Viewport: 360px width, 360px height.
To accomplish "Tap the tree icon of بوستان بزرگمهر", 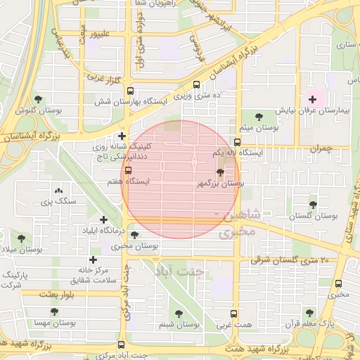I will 220,172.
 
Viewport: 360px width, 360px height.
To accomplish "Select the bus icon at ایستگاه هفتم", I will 127,170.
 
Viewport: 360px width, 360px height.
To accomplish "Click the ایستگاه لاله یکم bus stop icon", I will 237,142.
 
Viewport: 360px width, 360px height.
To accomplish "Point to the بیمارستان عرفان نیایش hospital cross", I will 312,100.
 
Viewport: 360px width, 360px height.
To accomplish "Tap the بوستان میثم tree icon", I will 259,117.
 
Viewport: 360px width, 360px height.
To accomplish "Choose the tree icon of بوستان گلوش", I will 38,99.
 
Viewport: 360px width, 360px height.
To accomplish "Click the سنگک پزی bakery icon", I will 58,191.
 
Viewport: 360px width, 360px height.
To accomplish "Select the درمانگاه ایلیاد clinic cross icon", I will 105,220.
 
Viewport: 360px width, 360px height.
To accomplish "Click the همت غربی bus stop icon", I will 234,314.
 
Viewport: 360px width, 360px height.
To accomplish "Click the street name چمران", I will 319,149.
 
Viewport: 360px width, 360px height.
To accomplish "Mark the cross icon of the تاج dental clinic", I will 122,136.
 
